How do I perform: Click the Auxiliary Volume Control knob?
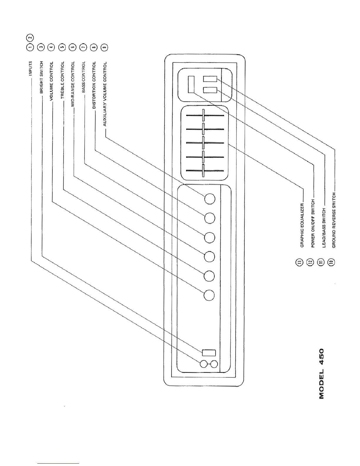pos(210,199)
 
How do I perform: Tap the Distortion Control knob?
pos(210,218)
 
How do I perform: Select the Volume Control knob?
pos(209,295)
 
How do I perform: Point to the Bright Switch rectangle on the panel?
pos(209,352)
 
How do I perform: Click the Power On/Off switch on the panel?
pos(191,84)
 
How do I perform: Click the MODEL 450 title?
pos(321,373)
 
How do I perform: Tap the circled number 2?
pos(30,38)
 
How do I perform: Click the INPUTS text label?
pos(30,68)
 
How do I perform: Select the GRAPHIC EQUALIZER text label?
pos(302,225)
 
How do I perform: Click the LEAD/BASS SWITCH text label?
pos(324,227)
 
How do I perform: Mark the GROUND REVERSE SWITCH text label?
pos(334,220)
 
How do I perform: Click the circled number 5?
pos(62,48)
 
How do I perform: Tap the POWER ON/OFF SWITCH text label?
pos(313,224)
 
